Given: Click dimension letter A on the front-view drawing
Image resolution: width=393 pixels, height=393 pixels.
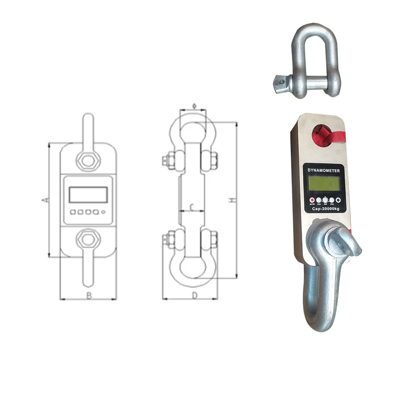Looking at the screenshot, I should [x=44, y=200].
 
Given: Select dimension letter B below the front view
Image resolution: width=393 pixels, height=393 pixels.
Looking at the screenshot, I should [x=89, y=296].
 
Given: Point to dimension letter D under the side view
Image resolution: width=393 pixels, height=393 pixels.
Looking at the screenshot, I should [x=195, y=296].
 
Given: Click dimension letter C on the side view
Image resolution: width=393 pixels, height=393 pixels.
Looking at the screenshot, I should [x=192, y=206].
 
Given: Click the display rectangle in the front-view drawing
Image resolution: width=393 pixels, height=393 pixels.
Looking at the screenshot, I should [x=88, y=195].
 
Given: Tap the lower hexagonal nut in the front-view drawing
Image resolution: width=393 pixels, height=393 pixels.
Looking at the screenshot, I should [x=88, y=239].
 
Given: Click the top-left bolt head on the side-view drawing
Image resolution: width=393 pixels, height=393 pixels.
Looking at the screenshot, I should [x=166, y=160].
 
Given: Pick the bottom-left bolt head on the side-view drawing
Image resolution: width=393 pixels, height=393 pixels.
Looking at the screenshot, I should [x=166, y=239].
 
